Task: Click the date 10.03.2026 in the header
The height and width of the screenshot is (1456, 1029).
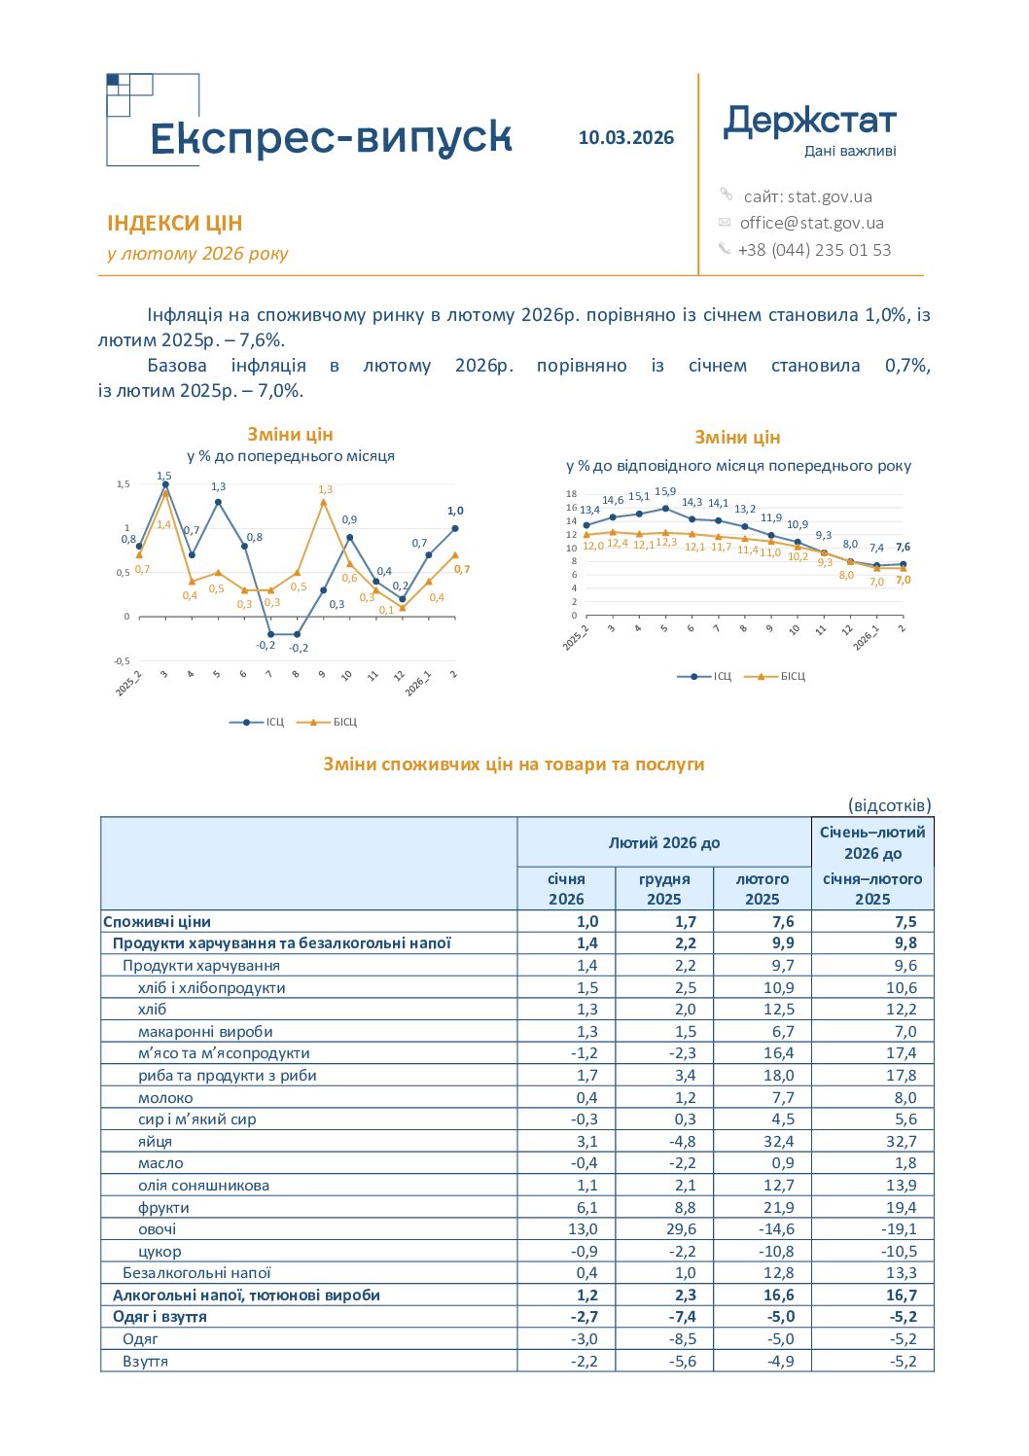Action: [x=626, y=138]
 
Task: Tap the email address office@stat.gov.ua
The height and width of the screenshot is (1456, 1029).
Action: [x=812, y=223]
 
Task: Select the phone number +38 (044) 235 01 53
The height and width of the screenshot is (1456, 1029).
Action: [x=814, y=250]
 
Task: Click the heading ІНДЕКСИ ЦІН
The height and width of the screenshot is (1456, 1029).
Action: [x=174, y=223]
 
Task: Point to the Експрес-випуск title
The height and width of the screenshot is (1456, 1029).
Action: [x=332, y=137]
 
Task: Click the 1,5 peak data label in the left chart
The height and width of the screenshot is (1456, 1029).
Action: [x=164, y=476]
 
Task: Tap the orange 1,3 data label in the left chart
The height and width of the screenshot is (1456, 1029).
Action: [x=325, y=489]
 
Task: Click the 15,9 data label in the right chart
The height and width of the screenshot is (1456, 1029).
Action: [x=665, y=491]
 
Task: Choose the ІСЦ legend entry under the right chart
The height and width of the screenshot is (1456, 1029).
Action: [x=704, y=676]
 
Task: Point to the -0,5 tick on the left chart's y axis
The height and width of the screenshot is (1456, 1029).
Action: [x=122, y=661]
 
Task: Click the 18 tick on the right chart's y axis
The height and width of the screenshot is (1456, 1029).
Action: [x=571, y=494]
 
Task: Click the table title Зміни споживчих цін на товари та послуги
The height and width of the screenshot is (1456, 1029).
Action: [x=514, y=764]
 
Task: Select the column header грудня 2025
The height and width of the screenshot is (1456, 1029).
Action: [x=663, y=889]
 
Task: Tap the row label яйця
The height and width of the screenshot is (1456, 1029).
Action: [x=155, y=1142]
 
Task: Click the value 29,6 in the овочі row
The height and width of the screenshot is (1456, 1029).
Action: [x=681, y=1229]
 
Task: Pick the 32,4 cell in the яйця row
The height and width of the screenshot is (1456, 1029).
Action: [x=779, y=1142]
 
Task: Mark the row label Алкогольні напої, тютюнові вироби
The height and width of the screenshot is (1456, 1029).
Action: [x=246, y=1295]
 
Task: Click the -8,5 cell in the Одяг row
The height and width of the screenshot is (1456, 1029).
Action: [x=683, y=1339]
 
